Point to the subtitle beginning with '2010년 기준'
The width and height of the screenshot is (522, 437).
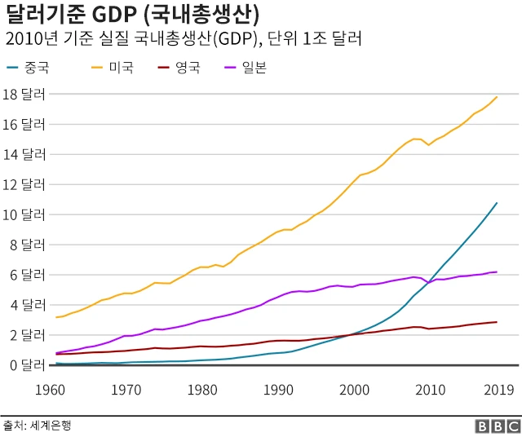[183, 39]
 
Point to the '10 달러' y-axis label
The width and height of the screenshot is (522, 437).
[24, 214]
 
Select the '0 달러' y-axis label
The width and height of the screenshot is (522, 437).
[24, 365]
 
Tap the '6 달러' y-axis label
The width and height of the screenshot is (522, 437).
[24, 275]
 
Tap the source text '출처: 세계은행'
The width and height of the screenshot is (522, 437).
[36, 426]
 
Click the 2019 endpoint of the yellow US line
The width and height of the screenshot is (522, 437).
[497, 97]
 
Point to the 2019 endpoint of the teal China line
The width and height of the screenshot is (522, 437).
[497, 203]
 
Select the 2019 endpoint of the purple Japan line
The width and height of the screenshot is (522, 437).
[497, 272]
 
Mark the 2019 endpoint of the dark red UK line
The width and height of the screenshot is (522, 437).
[497, 322]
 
